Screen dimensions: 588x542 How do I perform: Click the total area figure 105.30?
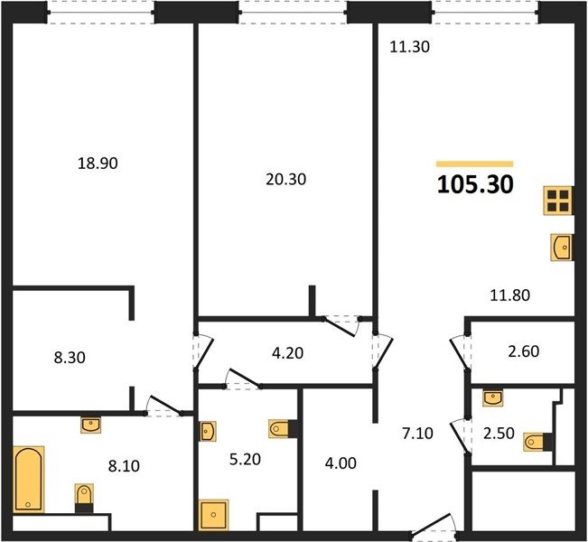[x=475, y=185]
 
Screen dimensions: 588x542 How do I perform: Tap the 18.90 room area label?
[x=98, y=164]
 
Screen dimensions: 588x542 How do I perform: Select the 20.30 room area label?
[x=285, y=179]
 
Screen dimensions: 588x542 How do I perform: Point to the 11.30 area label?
[x=409, y=47]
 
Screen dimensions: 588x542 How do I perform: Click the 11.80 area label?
[x=510, y=295]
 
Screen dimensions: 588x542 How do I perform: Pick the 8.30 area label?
[x=70, y=358]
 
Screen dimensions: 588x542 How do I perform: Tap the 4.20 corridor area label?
[x=287, y=353]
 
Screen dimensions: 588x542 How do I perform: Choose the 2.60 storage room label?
[x=524, y=351]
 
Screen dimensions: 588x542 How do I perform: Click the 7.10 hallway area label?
[x=417, y=434]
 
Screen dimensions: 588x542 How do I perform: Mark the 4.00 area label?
[x=341, y=463]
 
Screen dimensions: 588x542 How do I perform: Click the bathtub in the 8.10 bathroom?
[x=29, y=480]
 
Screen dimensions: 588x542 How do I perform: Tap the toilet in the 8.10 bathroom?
[x=84, y=498]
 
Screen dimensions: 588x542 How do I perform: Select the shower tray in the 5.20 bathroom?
[x=213, y=514]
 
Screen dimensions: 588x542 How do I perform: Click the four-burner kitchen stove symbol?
[x=559, y=201]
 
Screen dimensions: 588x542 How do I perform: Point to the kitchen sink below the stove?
[x=562, y=247]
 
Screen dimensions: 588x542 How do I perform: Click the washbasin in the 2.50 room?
[x=493, y=398]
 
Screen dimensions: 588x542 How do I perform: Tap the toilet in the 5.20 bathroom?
[x=283, y=429]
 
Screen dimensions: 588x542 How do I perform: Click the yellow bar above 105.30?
[x=475, y=164]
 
